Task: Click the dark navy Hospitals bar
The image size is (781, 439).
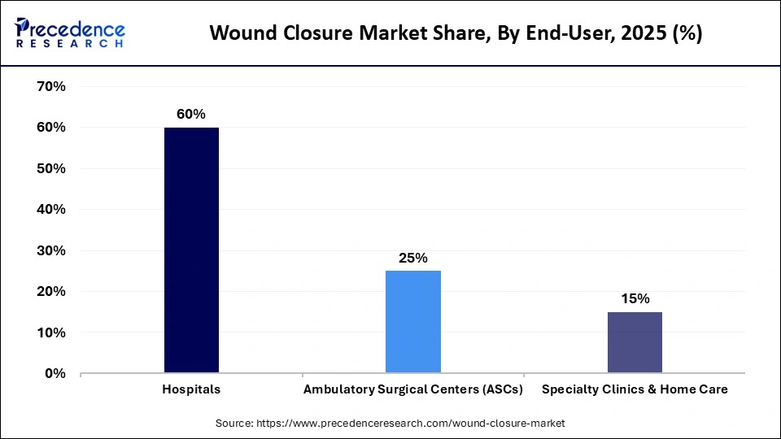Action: click(x=191, y=250)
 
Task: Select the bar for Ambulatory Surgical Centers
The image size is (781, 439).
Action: click(x=413, y=322)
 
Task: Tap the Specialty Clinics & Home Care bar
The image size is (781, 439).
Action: click(x=635, y=342)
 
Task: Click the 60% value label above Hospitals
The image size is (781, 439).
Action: click(x=191, y=115)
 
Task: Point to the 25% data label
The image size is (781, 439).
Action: click(x=413, y=258)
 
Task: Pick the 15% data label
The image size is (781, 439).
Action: click(x=635, y=298)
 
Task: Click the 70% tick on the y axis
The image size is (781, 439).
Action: click(x=51, y=86)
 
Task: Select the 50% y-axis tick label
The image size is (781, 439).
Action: click(x=51, y=168)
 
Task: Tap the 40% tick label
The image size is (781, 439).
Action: click(x=51, y=209)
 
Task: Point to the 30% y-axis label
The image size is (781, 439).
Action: click(x=51, y=250)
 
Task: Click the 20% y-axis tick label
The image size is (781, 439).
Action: click(x=51, y=291)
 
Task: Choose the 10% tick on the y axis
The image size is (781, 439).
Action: click(x=51, y=333)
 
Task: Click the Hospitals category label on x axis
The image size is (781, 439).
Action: click(x=191, y=389)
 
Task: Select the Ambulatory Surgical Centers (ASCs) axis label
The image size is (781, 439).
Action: click(x=412, y=389)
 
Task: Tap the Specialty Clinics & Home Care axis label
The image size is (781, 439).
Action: click(x=635, y=389)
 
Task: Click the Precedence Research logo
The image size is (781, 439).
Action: click(x=70, y=33)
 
